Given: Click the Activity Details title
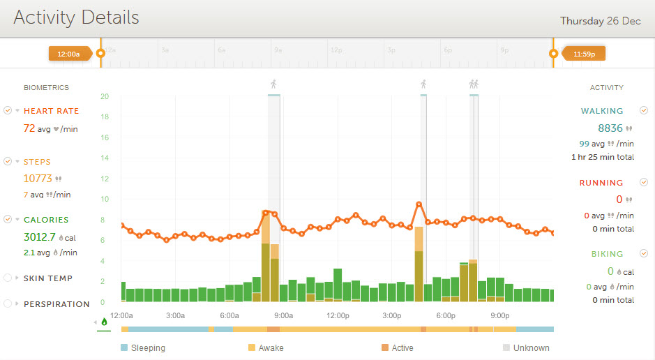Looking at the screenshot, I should coord(76,17).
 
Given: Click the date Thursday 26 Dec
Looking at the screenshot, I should coord(600,21).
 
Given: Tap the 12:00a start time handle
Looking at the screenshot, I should coord(69,53).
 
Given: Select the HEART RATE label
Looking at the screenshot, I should coord(51,111).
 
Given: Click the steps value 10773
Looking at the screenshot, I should coord(38,179).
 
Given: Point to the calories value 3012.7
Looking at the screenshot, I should coord(40,237).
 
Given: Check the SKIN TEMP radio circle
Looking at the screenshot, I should coord(8,278).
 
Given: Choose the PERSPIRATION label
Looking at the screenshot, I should coord(57,304).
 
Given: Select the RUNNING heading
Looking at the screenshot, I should coord(601,183).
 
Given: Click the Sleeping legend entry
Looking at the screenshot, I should coord(148,347).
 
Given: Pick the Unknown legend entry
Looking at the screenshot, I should coord(531,347).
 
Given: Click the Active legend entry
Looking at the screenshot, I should coord(402,347).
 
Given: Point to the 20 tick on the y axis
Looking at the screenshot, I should coord(104,96).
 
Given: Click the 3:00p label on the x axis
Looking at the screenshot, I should coord(392,315).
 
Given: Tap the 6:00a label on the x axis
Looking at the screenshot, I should coord(229,315).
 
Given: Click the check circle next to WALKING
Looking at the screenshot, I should coord(644,110).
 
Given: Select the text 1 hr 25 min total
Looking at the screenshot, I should coord(602,157).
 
